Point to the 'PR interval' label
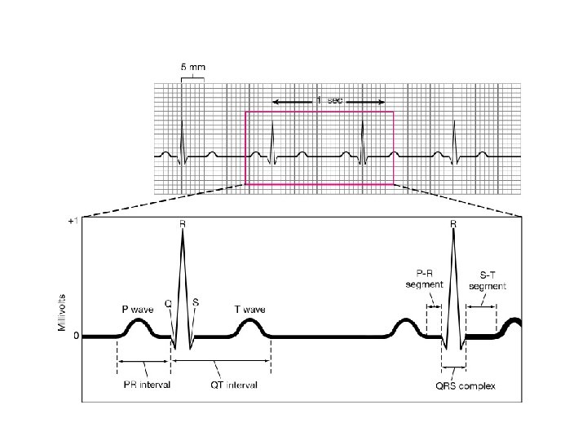pos(144,385)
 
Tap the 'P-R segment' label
pos(425,279)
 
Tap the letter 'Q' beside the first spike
pos(168,303)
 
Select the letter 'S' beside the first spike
pos(196,301)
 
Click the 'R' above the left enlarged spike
pos(182,221)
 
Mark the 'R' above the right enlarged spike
pos(452,221)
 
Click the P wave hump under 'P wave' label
pos(136,327)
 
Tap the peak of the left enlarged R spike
pos(182,232)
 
